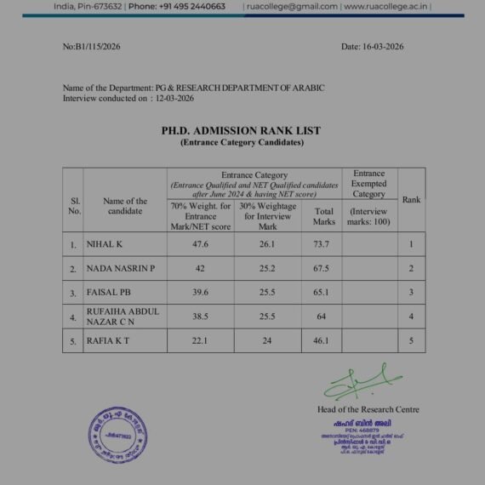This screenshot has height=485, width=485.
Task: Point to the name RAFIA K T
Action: (108, 340)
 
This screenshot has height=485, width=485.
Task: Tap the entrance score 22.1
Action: (201, 340)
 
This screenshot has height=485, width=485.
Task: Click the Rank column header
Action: (411, 200)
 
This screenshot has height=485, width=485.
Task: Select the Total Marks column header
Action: (323, 216)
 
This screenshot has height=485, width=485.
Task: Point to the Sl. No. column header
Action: (74, 206)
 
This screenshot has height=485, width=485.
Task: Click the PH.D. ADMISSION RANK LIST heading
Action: (241, 131)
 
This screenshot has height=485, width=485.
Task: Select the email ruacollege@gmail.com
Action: (290, 6)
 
